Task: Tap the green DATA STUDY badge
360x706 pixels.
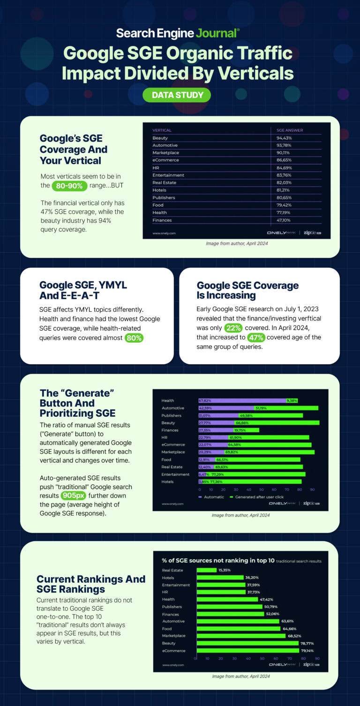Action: point(177,95)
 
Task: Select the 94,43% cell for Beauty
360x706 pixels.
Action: point(282,138)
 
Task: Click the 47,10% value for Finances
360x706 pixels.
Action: point(282,220)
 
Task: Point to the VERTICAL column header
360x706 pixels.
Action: point(162,130)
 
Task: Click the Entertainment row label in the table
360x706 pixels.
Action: point(168,175)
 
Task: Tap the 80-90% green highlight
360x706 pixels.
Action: point(69,185)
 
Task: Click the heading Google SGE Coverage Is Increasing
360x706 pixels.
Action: point(247,290)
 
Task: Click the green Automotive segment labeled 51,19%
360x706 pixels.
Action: point(286,408)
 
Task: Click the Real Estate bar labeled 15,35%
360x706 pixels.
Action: point(206,571)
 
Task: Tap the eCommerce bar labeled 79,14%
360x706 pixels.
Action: point(247,651)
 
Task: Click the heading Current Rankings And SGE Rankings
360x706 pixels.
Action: point(91,584)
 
